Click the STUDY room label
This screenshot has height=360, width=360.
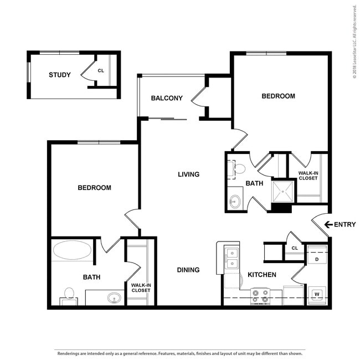[x=60, y=75]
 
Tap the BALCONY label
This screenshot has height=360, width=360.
[x=167, y=98]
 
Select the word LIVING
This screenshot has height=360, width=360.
[x=188, y=174]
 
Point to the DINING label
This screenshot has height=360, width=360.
[x=188, y=270]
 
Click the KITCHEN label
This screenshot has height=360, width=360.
[x=262, y=275]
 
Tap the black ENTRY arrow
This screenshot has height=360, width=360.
[x=328, y=224]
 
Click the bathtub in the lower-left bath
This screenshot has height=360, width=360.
[x=72, y=250]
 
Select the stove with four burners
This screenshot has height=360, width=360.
[x=260, y=296]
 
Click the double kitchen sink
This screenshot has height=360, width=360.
[x=232, y=258]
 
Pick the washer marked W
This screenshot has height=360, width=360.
[x=317, y=295]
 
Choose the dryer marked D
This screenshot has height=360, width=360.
[x=317, y=255]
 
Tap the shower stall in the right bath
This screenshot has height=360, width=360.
[x=282, y=192]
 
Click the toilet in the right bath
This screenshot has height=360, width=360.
[x=237, y=169]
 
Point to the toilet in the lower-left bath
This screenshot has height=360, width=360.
[x=69, y=296]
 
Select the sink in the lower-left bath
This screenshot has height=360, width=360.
[x=114, y=298]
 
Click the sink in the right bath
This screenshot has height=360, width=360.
[x=235, y=202]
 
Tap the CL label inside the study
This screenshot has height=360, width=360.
[x=101, y=71]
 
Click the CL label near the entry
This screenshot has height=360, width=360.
[x=295, y=248]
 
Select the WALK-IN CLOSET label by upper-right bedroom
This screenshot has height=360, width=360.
[x=308, y=176]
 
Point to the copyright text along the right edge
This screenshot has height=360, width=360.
[x=354, y=42]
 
